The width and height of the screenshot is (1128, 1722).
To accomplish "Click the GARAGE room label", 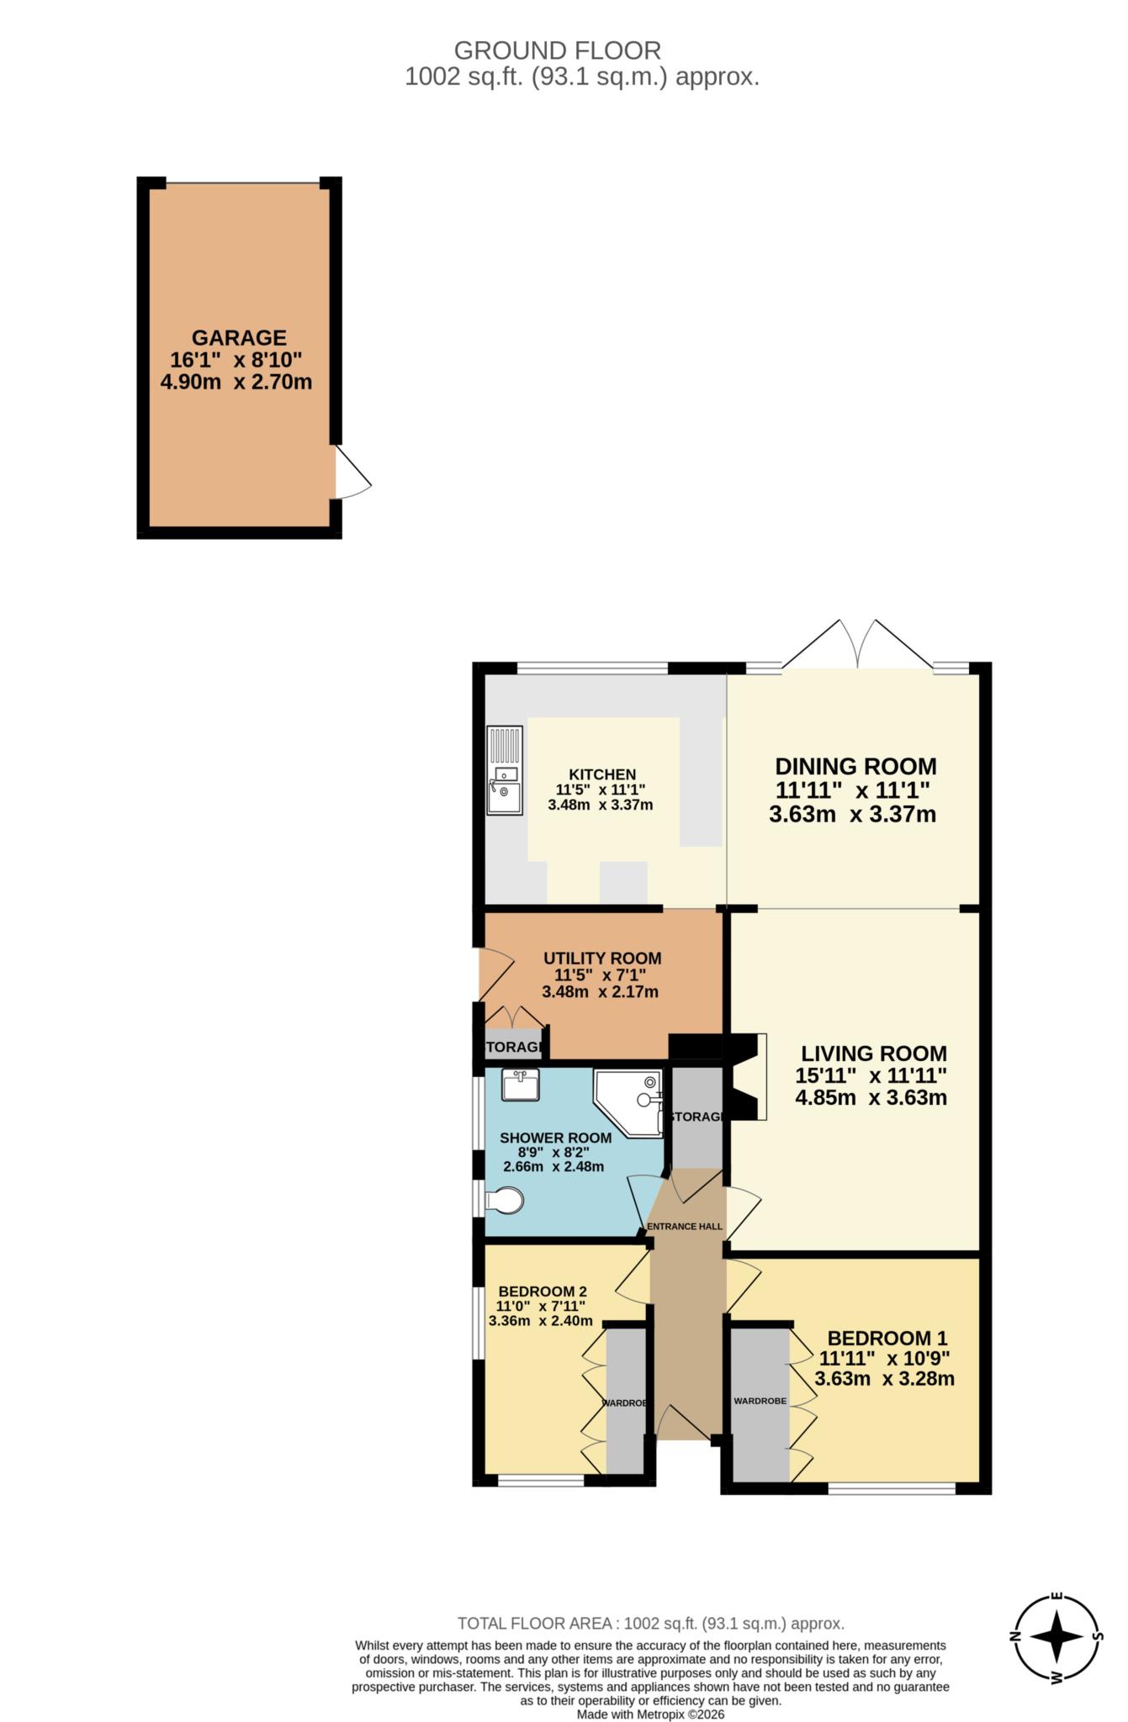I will pyautogui.click(x=239, y=338).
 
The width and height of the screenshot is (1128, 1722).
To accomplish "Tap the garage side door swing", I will pyautogui.click(x=352, y=474).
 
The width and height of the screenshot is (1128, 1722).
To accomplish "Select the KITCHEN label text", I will pyautogui.click(x=602, y=774).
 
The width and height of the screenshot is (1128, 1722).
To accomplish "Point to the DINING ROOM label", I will pyautogui.click(x=855, y=767).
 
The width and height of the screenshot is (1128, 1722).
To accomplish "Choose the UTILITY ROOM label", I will pyautogui.click(x=602, y=959).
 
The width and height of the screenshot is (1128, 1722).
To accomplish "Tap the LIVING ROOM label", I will pyautogui.click(x=873, y=1054).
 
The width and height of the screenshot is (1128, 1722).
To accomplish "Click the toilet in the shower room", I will pyautogui.click(x=505, y=1200).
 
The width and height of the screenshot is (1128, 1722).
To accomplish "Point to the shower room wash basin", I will pyautogui.click(x=520, y=1085).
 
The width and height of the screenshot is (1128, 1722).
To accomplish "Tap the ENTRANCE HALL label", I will pyautogui.click(x=685, y=1227).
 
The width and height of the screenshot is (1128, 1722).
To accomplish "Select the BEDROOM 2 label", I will pyautogui.click(x=543, y=1291).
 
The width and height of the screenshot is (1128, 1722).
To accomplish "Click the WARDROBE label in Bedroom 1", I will pyautogui.click(x=760, y=1402).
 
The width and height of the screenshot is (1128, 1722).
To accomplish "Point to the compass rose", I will pyautogui.click(x=1057, y=1636).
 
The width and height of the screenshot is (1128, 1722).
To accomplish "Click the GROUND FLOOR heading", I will pyautogui.click(x=557, y=50).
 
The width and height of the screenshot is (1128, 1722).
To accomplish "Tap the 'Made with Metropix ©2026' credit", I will pyautogui.click(x=650, y=1714).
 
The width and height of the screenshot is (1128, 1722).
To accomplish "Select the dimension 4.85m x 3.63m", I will pyautogui.click(x=871, y=1098).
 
